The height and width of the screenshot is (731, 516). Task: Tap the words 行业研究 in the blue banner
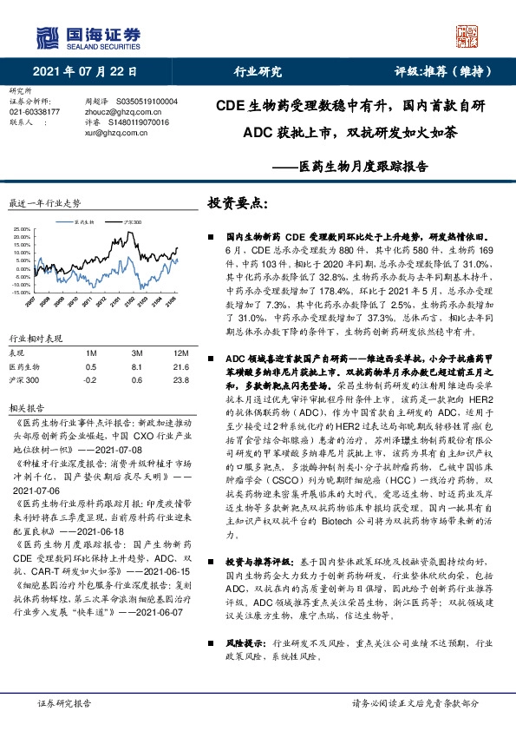(258, 72)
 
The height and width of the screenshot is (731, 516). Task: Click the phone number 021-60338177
(35, 112)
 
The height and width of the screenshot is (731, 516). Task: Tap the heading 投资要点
(238, 202)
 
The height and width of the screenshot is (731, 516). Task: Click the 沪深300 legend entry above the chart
(133, 222)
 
